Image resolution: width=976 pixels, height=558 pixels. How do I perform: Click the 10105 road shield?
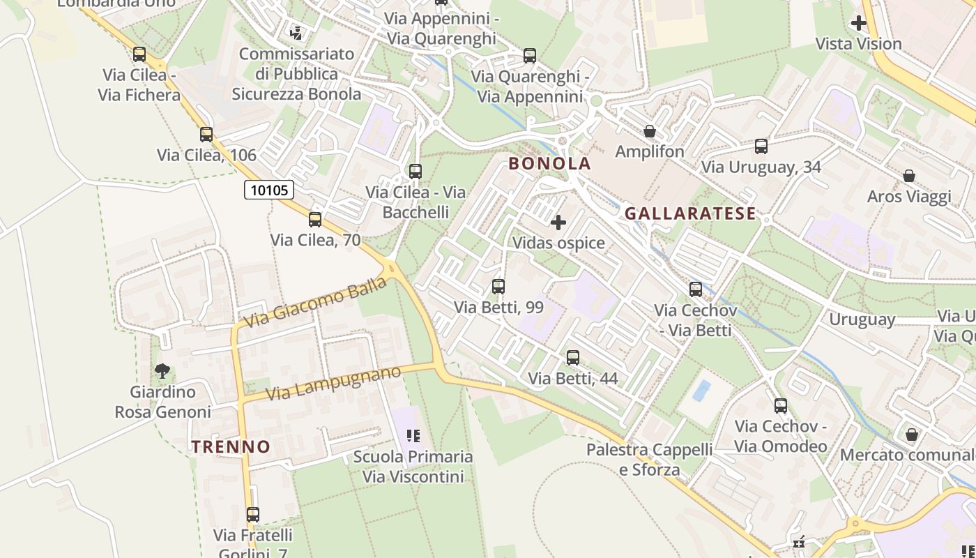click(269, 190)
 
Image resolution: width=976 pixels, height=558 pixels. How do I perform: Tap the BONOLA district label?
click(549, 164)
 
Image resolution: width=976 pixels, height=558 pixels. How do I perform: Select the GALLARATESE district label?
click(690, 213)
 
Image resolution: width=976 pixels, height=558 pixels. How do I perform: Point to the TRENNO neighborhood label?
click(231, 447)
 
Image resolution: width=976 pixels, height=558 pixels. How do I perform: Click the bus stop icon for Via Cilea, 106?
click(206, 135)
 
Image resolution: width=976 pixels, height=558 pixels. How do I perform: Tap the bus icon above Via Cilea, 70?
click(315, 220)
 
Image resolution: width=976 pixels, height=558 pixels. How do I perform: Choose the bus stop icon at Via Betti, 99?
click(498, 287)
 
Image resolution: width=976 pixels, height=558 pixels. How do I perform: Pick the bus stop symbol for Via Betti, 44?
click(573, 358)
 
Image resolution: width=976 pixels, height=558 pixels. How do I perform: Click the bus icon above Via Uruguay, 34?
click(761, 146)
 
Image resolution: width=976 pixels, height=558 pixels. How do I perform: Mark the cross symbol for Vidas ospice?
click(558, 223)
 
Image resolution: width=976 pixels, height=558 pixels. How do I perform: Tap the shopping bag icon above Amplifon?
click(650, 131)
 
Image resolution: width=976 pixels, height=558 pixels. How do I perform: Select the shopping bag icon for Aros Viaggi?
click(909, 176)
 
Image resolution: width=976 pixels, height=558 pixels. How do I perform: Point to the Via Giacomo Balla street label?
click(315, 303)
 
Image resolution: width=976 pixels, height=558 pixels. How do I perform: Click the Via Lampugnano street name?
click(333, 383)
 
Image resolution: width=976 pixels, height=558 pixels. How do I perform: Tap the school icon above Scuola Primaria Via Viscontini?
click(413, 436)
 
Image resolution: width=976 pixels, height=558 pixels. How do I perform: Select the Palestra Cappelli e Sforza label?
click(649, 460)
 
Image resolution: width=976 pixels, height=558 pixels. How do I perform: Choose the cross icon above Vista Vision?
click(859, 24)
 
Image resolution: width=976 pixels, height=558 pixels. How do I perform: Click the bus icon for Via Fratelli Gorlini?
click(253, 515)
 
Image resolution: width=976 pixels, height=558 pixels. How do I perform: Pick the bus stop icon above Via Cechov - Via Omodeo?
click(781, 406)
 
